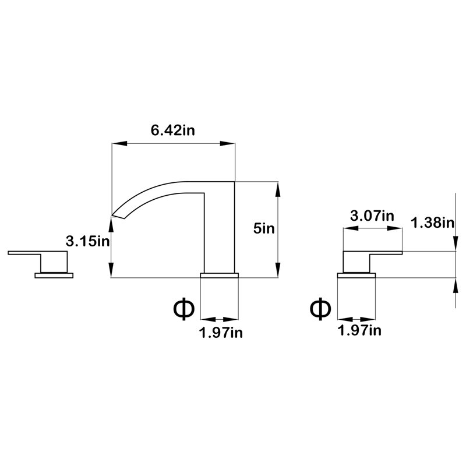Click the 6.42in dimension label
click(x=172, y=130)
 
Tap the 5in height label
click(x=264, y=228)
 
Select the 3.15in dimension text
click(x=88, y=241)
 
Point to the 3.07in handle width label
click(x=372, y=216)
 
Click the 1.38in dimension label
click(x=433, y=223)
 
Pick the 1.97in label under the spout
click(x=221, y=333)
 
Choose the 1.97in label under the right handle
click(x=359, y=330)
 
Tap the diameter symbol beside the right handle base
click(x=320, y=309)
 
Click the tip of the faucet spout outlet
click(x=112, y=215)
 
